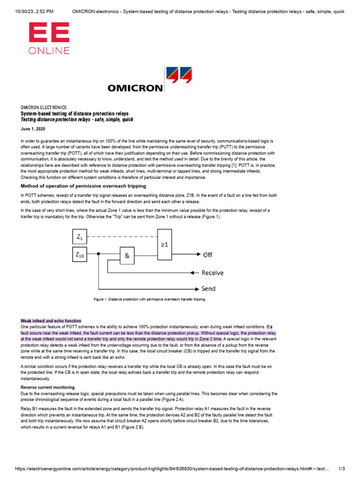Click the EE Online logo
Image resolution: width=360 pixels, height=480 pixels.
coord(49,39)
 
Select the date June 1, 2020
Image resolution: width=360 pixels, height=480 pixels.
coord(30,128)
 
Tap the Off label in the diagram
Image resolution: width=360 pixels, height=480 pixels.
coord(207,255)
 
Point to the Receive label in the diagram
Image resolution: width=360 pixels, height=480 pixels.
coord(212,272)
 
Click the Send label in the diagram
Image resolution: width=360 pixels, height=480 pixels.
coord(209,289)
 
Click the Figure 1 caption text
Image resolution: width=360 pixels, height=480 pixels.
coord(150,299)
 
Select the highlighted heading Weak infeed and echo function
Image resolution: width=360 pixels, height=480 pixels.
coord(51,321)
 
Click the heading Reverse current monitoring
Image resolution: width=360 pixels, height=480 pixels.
coord(47,387)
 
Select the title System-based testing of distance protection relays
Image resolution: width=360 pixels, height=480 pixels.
coord(75,113)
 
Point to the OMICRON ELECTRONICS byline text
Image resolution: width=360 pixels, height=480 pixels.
coord(44,107)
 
